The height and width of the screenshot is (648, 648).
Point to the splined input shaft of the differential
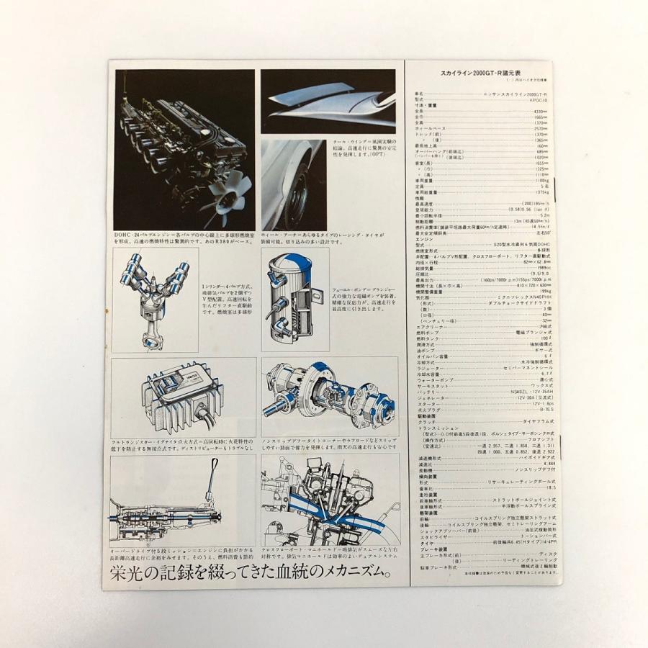(277, 411)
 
